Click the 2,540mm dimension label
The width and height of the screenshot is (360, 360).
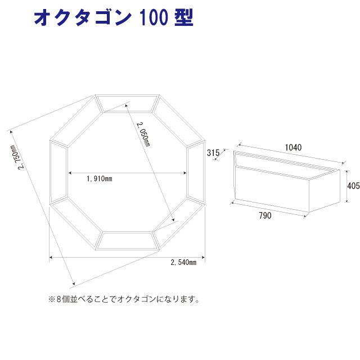point(183,262)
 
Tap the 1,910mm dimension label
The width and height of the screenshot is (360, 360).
point(100,178)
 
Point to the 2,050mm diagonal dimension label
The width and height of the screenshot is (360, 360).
point(143,134)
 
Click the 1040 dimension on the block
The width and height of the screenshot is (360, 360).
point(293,147)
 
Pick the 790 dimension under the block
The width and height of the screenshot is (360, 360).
point(265,215)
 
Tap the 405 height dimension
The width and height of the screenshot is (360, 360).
point(353,186)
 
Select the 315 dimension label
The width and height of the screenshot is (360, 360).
point(213,152)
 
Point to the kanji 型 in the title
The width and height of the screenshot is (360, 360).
point(184,17)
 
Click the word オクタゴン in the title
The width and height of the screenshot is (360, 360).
point(83,17)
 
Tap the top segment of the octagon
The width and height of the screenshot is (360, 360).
point(128,103)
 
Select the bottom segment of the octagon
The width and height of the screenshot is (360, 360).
point(128,241)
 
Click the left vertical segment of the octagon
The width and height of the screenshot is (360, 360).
point(58,172)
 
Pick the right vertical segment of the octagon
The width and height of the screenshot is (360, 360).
point(196,172)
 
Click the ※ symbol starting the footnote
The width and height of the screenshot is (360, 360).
point(51,299)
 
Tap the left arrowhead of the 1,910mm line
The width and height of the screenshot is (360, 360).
point(70,173)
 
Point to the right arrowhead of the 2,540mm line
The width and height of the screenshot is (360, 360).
point(203,258)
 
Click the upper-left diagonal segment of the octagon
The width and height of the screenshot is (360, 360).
point(76,121)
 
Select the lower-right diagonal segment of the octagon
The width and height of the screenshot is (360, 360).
point(179,224)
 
